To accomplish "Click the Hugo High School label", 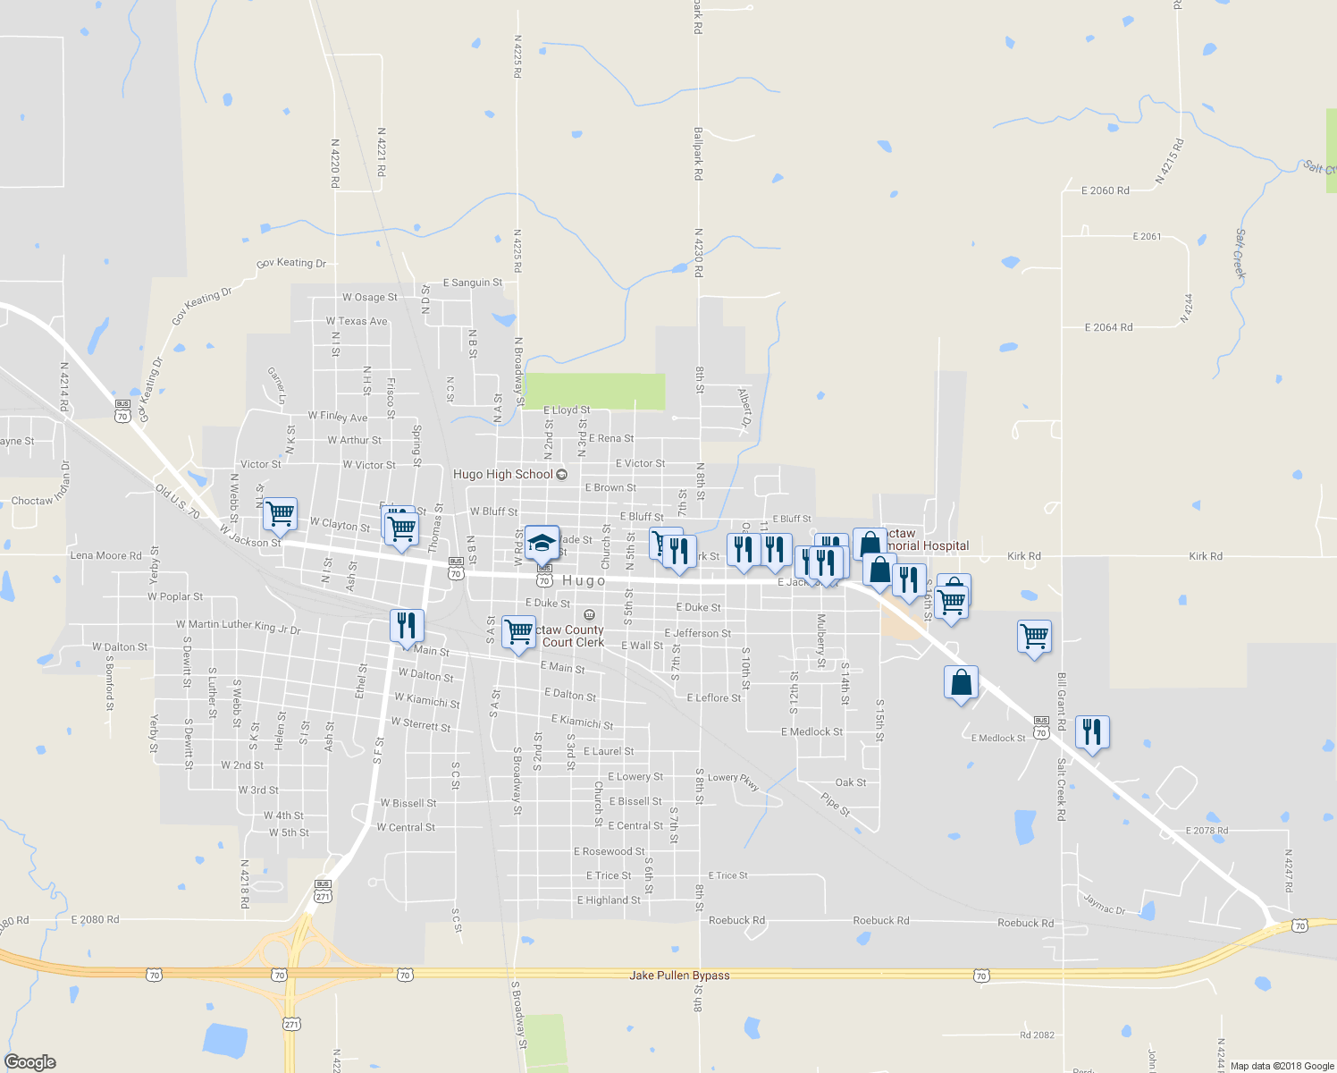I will tap(503, 475).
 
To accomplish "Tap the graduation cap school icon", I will tap(542, 542).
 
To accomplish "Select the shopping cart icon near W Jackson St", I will tap(281, 514).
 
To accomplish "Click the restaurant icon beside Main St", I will tap(407, 625).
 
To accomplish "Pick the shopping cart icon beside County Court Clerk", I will tap(518, 632).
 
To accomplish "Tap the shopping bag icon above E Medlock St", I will tap(961, 683).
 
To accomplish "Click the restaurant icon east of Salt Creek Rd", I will tap(1091, 732).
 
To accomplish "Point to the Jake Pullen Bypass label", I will tap(679, 976).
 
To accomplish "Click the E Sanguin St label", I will tap(472, 283).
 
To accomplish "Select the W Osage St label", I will tap(369, 298).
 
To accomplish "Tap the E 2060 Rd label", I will tap(1105, 190).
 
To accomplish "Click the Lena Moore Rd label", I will tap(105, 555).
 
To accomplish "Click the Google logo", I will tap(30, 1061).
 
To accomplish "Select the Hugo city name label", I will tap(584, 581).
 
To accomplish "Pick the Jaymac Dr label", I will tap(1105, 904).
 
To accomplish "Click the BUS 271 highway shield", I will tap(323, 891).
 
